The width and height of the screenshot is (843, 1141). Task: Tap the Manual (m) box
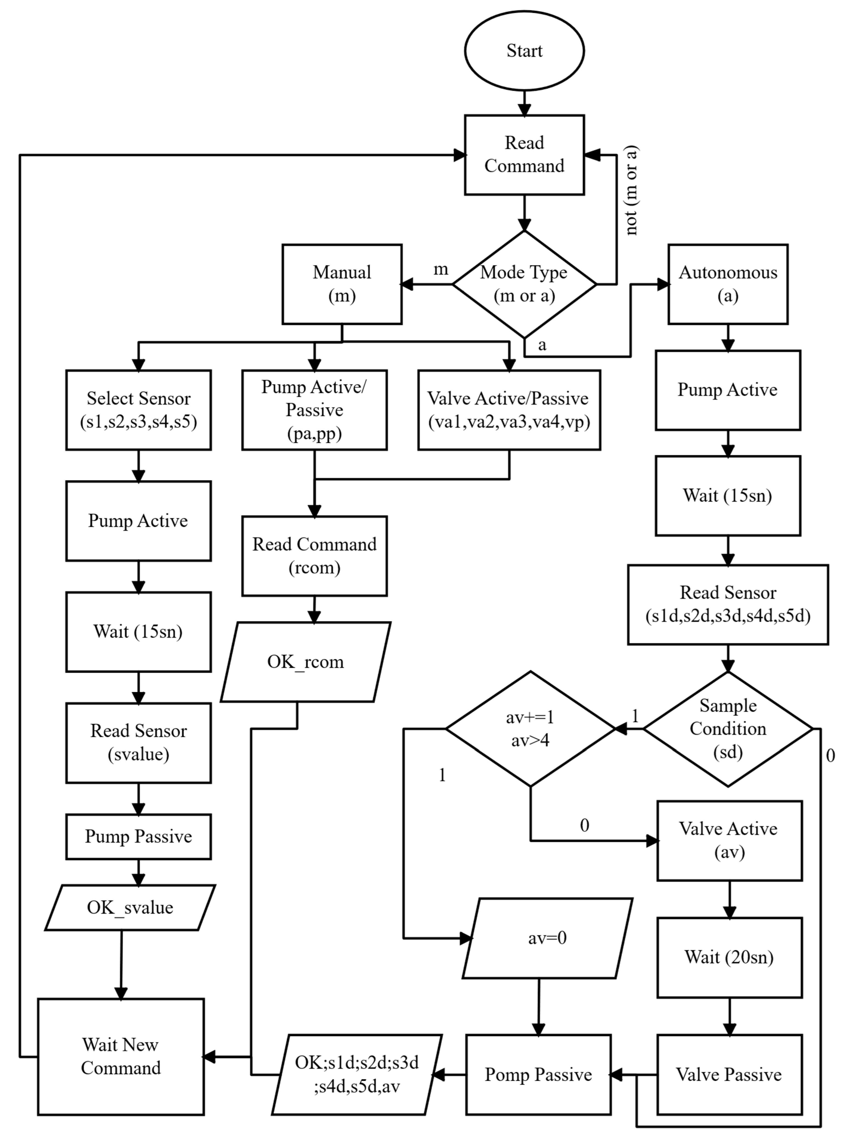click(342, 284)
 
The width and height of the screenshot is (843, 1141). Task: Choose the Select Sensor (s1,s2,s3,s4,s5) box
click(138, 410)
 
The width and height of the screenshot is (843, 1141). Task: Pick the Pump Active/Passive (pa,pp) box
click(314, 410)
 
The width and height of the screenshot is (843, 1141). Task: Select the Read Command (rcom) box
click(314, 556)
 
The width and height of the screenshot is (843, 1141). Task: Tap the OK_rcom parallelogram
click(306, 662)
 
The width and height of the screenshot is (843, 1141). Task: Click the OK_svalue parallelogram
click(130, 908)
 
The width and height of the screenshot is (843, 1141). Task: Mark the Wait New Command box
click(121, 1056)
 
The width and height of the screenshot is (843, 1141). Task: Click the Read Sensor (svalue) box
click(138, 743)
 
